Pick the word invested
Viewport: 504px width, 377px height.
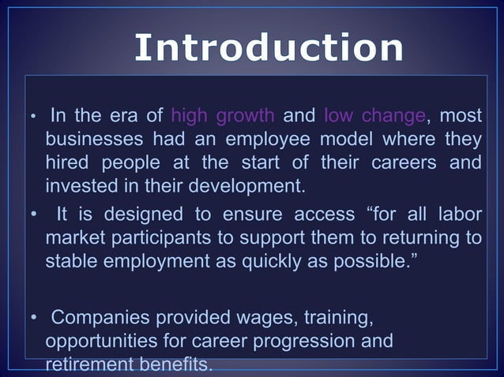78,188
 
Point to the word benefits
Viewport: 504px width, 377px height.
173,365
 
